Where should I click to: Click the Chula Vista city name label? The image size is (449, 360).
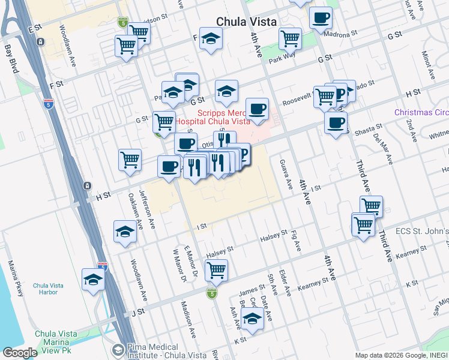coord(247,22)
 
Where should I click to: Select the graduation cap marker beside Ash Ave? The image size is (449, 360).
coord(253,320)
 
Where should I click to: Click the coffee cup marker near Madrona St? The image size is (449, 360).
coord(321,17)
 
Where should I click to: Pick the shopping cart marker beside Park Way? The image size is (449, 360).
coord(290,38)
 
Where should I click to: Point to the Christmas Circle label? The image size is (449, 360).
coord(421,112)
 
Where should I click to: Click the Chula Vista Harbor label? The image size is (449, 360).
coord(53,289)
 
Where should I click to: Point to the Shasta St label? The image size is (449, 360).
coord(371,128)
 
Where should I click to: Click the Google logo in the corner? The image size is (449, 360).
coord(20,353)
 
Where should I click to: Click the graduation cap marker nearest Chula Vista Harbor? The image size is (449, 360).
coord(93,280)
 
